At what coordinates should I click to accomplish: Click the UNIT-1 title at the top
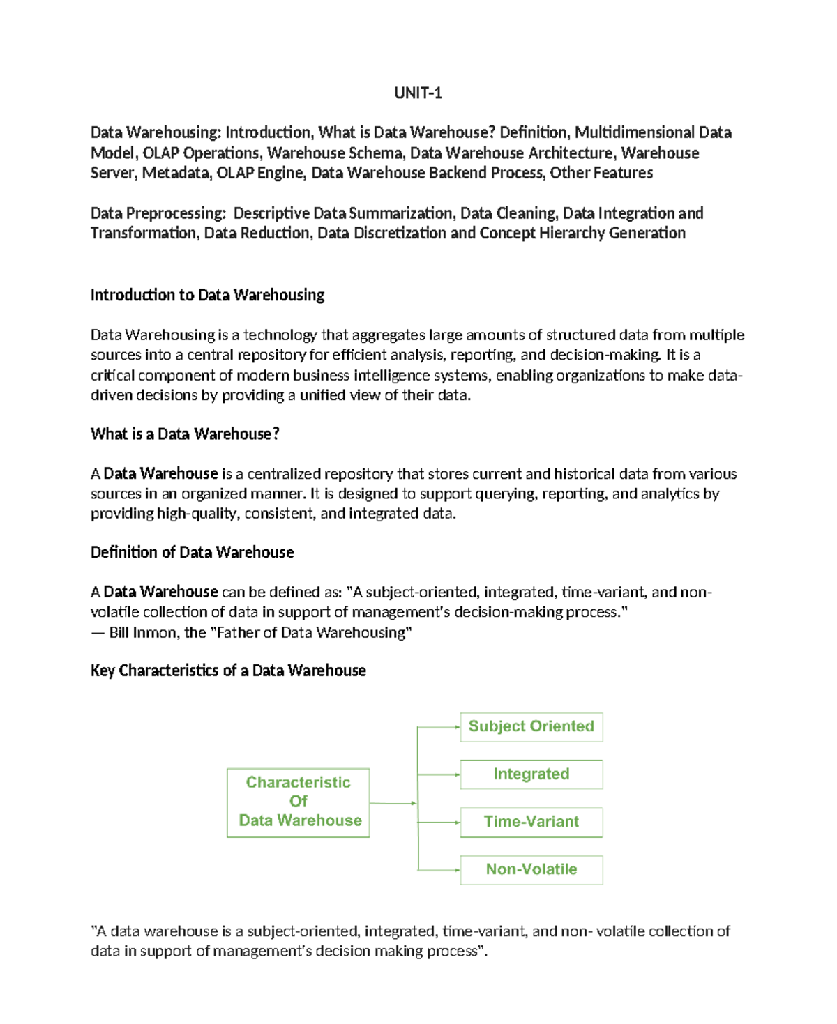tap(418, 93)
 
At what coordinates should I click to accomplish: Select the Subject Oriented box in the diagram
tap(531, 726)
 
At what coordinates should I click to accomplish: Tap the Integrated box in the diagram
tap(531, 774)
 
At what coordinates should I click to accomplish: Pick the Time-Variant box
tap(531, 822)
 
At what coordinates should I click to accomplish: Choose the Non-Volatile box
tap(531, 869)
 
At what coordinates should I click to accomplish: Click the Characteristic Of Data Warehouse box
tap(298, 802)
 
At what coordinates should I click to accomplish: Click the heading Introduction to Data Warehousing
tap(207, 295)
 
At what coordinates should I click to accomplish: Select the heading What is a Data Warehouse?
tap(185, 434)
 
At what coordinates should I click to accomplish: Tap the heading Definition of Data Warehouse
tap(192, 552)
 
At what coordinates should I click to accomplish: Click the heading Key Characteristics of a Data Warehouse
tap(228, 671)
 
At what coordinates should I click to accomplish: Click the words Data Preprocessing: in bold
tap(158, 213)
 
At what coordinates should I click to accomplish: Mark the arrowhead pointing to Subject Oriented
tap(457, 727)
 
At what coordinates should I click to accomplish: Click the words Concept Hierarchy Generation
tap(582, 233)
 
